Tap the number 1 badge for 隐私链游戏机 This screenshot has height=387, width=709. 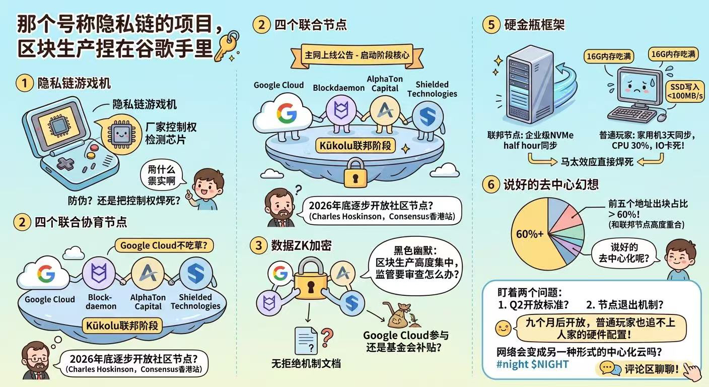(x=24, y=83)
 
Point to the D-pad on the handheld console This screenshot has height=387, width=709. (x=65, y=164)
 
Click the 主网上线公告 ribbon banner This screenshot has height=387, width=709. (x=357, y=56)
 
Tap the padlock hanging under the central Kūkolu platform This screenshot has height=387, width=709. (x=356, y=173)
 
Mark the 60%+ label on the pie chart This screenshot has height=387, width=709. (x=530, y=234)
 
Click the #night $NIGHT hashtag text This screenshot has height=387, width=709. (x=532, y=364)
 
